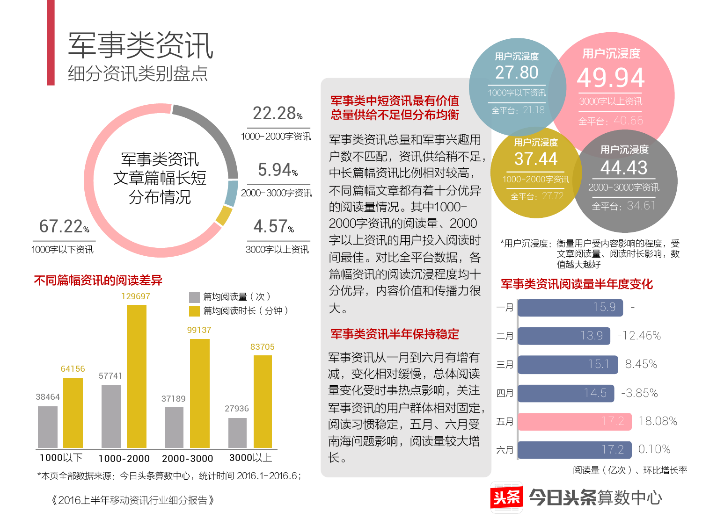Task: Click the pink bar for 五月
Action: coord(574,421)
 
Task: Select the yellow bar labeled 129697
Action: coord(136,376)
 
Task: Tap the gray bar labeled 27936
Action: coord(237,432)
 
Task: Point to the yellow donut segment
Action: coord(224,216)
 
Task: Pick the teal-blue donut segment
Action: coord(231,193)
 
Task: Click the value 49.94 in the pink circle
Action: coord(611,78)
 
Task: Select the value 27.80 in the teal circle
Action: coord(517,72)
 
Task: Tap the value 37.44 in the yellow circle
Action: coord(536,159)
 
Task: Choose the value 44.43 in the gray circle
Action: coord(624,168)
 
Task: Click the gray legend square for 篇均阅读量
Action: coord(194,297)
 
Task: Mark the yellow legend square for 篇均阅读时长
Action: coord(194,311)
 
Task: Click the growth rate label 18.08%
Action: coord(658,421)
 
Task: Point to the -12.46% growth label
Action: coord(639,336)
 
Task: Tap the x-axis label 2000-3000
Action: coord(187,459)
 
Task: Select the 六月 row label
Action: coord(505,450)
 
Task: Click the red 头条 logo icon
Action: coord(506,497)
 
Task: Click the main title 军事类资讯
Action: coord(140,45)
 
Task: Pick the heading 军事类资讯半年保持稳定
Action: coord(395,334)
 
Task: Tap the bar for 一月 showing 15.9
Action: coord(570,307)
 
